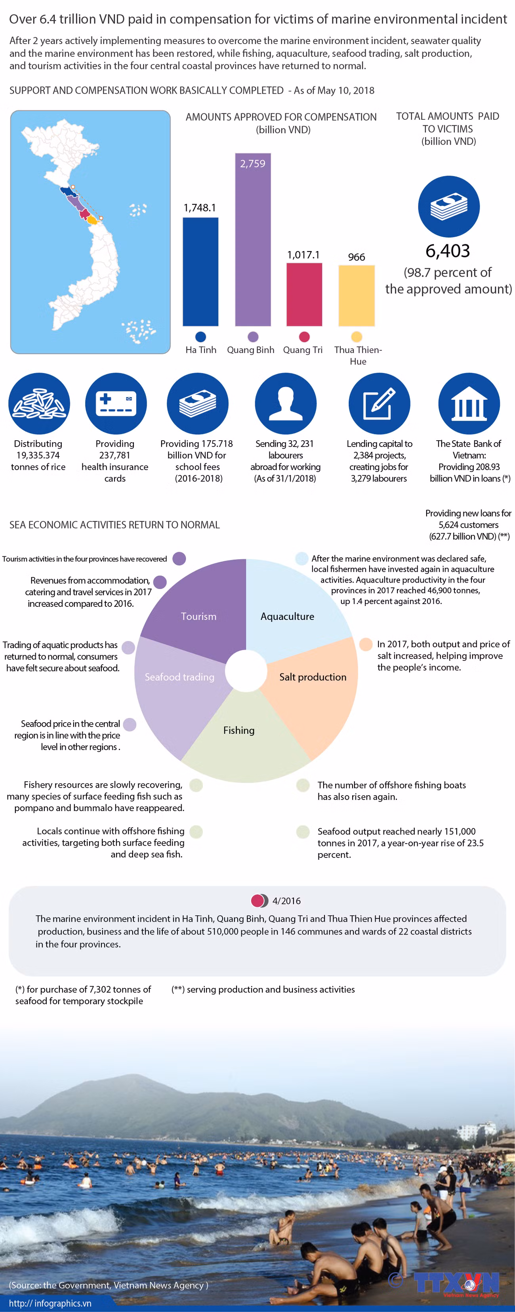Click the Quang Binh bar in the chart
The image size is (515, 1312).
(252, 240)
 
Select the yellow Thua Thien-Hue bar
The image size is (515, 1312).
(356, 295)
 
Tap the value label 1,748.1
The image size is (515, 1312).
(200, 208)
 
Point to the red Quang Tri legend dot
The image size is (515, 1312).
(304, 337)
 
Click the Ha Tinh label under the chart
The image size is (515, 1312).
(200, 350)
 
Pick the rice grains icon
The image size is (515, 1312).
(39, 403)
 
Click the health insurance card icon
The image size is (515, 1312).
(116, 403)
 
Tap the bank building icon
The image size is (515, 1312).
(469, 403)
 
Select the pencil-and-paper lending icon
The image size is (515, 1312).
(379, 403)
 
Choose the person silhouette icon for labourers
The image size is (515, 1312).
(286, 403)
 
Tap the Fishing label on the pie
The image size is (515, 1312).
(238, 730)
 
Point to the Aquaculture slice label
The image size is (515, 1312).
(287, 616)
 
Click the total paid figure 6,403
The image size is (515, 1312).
(448, 251)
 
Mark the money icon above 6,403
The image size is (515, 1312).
(448, 206)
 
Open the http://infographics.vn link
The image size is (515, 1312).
(50, 1303)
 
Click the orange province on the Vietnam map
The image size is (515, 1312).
(92, 220)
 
